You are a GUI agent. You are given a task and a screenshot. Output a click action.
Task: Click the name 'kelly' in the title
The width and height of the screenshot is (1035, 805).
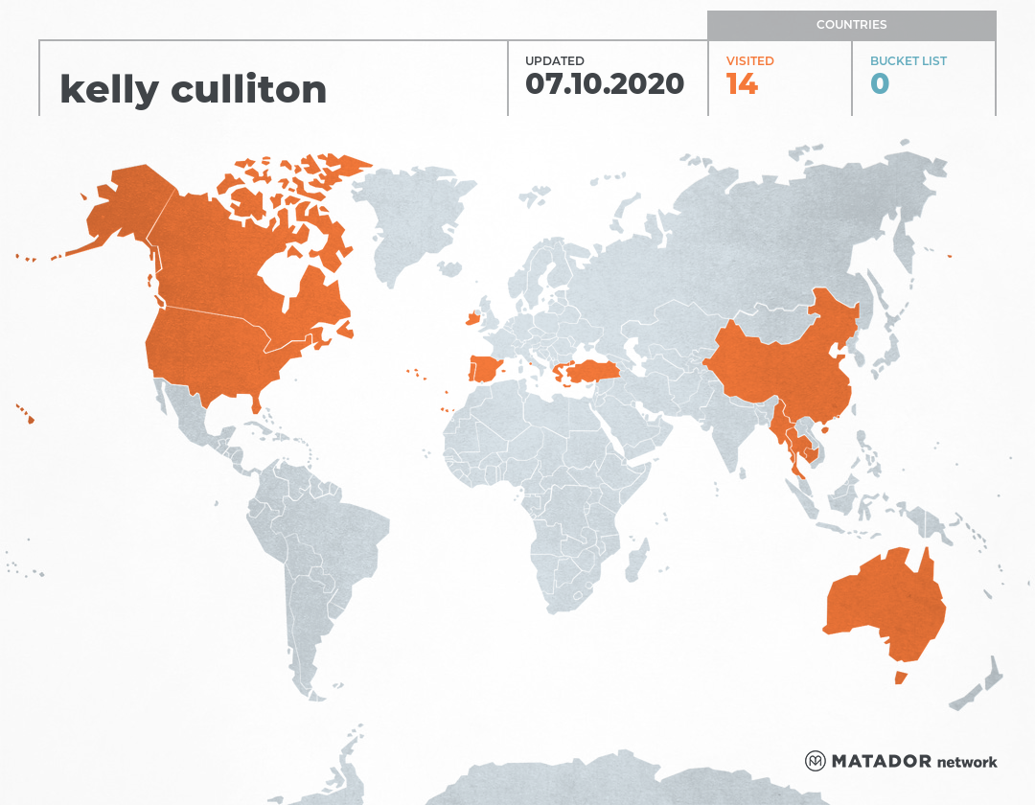point(108,89)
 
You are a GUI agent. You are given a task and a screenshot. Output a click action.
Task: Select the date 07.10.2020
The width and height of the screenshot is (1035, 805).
point(605,84)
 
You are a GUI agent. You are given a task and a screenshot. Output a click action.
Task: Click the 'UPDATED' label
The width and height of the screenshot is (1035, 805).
point(554,61)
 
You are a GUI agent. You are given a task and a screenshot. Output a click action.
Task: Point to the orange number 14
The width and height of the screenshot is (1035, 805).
point(742,84)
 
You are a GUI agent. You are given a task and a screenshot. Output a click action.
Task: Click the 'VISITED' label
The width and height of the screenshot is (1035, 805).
point(749,61)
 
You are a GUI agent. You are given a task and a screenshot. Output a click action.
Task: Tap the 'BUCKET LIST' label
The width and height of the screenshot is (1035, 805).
point(908,61)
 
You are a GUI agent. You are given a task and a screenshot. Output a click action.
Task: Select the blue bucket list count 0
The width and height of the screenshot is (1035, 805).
point(880,84)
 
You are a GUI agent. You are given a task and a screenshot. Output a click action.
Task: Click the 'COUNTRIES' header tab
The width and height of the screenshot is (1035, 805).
point(851,25)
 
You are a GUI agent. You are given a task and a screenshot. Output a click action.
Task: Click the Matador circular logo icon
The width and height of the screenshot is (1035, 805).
point(815,762)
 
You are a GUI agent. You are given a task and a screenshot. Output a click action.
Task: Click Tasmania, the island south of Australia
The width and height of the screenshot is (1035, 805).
point(900,678)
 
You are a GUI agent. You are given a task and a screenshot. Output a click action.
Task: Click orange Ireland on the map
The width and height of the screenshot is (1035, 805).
point(471,317)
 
